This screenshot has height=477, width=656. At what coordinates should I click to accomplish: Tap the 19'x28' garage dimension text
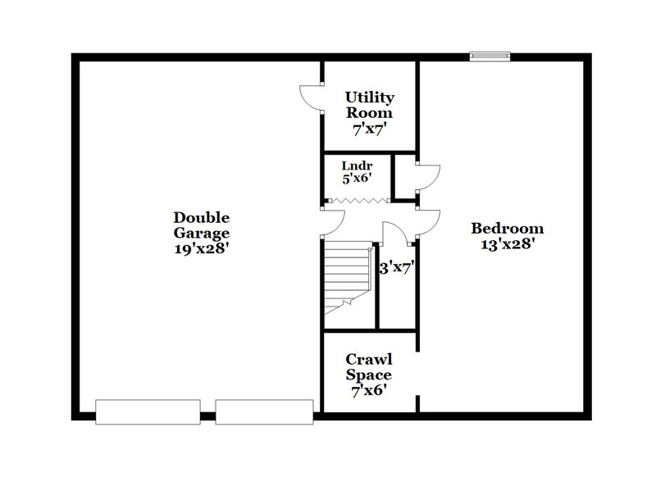201,247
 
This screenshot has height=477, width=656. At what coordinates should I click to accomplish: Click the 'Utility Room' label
368,105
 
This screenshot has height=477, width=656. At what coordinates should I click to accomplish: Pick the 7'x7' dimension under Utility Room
368,129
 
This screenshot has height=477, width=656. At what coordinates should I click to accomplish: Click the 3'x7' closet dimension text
396,267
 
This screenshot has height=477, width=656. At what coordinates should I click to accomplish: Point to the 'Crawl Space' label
368,367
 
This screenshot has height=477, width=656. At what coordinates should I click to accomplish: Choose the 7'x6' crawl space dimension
368,391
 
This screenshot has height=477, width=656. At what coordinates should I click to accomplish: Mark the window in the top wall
489,57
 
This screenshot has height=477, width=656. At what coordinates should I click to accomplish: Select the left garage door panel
148,411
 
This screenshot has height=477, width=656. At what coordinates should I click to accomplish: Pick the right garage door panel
264,411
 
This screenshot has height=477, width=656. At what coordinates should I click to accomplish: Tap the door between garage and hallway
332,220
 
